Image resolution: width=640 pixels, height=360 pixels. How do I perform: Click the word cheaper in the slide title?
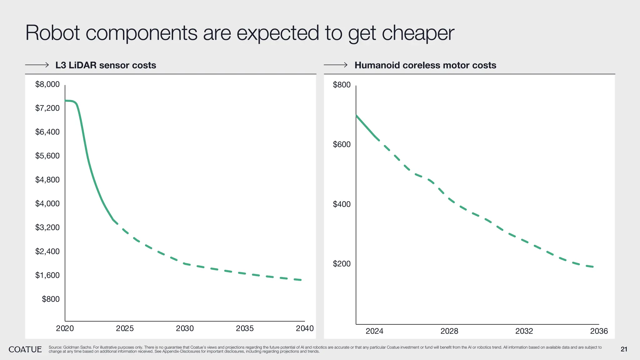click(x=418, y=33)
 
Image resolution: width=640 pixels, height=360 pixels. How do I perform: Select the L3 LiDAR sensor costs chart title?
click(x=106, y=65)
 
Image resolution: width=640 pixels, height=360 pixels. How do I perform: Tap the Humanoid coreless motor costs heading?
click(x=425, y=65)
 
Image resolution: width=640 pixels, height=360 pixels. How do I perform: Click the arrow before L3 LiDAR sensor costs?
click(x=37, y=65)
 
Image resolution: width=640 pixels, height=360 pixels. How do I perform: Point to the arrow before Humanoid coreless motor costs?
click(x=336, y=65)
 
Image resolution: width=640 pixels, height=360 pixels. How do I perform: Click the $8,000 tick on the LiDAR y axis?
click(x=47, y=84)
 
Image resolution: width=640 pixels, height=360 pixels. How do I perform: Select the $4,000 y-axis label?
click(x=47, y=204)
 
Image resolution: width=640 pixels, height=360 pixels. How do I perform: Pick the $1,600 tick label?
click(x=47, y=275)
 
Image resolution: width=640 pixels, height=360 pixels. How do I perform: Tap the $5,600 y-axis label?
click(x=47, y=156)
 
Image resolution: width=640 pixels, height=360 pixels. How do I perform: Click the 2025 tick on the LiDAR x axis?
click(x=125, y=328)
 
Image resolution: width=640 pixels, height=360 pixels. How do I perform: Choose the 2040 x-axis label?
click(x=305, y=328)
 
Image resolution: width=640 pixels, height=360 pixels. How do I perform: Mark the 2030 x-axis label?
click(x=185, y=328)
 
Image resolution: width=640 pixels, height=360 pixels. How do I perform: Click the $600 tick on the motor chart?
click(x=342, y=144)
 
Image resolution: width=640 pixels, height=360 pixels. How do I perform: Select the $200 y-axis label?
click(x=342, y=264)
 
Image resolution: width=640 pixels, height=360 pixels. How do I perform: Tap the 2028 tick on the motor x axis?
click(x=449, y=331)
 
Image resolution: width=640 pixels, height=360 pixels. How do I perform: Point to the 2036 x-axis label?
click(x=599, y=331)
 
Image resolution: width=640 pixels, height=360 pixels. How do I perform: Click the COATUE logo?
click(x=25, y=349)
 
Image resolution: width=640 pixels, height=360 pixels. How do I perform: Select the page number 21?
click(x=624, y=349)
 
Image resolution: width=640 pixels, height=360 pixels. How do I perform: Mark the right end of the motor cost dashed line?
click(x=592, y=267)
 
